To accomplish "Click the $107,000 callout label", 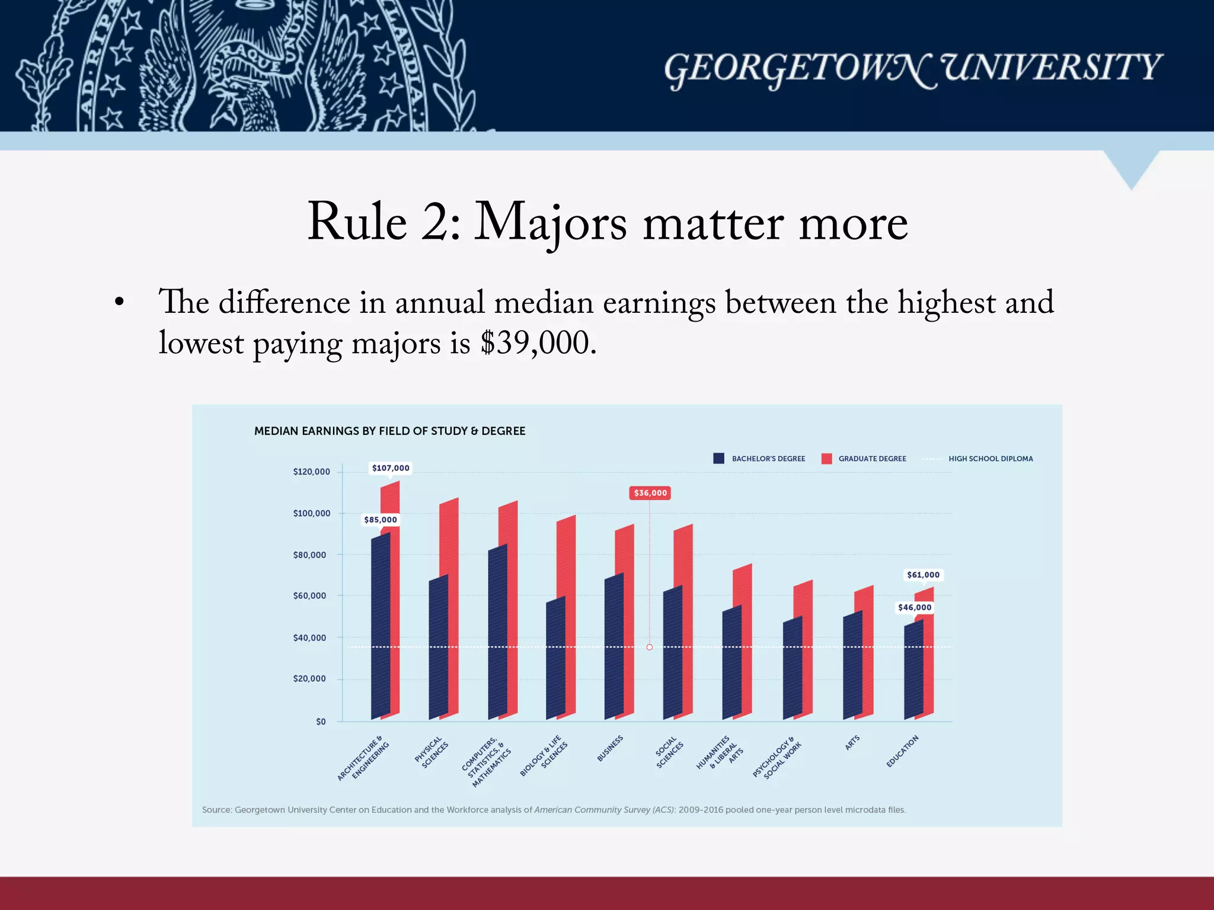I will click(391, 468).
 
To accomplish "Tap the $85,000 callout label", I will click(381, 520).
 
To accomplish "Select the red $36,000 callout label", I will click(650, 493).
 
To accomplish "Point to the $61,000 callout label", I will click(923, 575).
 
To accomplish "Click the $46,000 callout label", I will click(915, 607).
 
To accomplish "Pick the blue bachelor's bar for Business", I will click(614, 652).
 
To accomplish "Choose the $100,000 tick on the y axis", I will click(312, 513).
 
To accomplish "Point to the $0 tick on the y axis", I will click(321, 722).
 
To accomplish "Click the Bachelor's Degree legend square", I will click(718, 459).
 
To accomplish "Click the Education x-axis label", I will click(902, 751).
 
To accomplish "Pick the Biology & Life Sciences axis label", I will click(544, 755).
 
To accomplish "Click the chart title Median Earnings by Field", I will click(389, 431).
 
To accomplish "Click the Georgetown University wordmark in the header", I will click(912, 68).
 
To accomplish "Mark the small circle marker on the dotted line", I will click(650, 648).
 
